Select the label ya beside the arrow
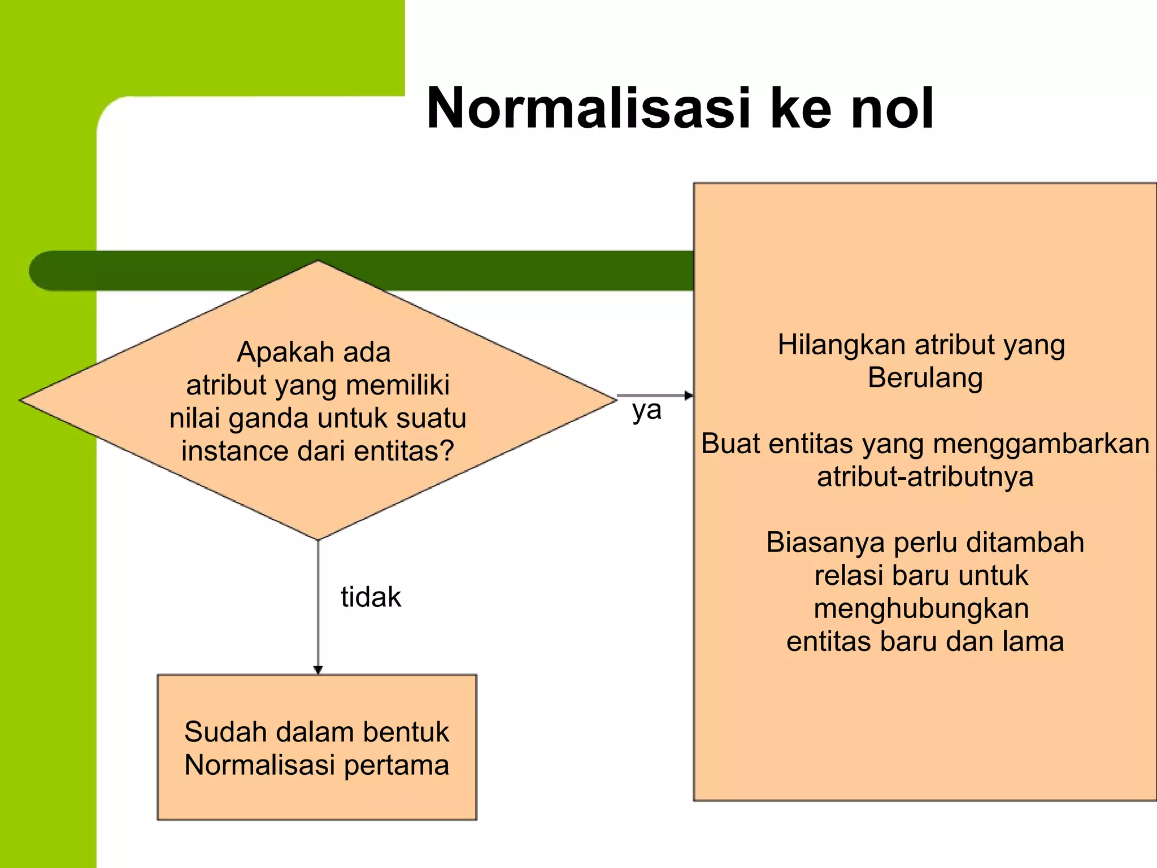[x=647, y=411]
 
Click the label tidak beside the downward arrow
[x=371, y=597]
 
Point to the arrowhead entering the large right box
[x=688, y=396]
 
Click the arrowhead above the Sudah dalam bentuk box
[x=318, y=670]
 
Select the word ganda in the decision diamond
[x=268, y=419]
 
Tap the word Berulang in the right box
[x=925, y=378]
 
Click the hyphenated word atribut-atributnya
[x=925, y=477]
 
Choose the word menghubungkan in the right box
[x=921, y=609]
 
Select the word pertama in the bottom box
[x=397, y=765]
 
